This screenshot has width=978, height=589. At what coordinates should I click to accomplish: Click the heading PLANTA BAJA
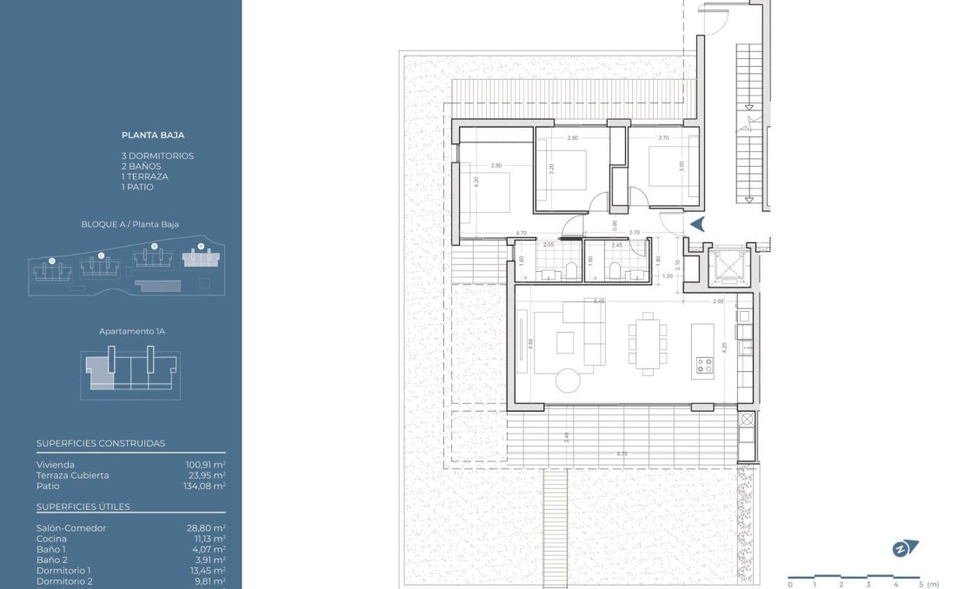[x=153, y=136]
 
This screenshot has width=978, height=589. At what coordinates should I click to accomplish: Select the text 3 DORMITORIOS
[x=157, y=156]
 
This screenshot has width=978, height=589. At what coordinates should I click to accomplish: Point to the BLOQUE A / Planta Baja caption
[x=130, y=224]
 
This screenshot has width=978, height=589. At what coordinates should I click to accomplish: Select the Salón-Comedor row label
[x=71, y=528]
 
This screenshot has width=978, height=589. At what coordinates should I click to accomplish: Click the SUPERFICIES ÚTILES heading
[x=83, y=506]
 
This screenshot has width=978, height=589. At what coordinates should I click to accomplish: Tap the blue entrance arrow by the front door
[x=696, y=224]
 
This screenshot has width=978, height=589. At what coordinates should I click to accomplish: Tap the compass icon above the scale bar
[x=905, y=549]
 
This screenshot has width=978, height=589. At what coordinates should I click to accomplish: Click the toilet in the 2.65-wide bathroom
[x=551, y=275]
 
